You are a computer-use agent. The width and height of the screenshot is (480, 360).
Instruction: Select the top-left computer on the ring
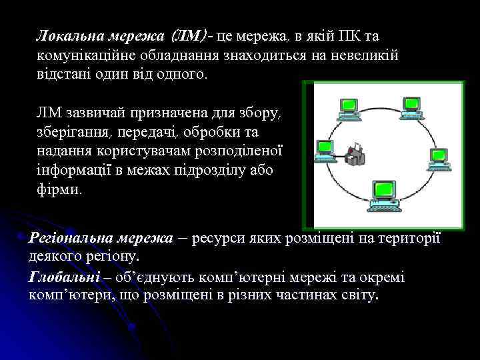346,109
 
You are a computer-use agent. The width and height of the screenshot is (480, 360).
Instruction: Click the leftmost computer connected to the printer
324,148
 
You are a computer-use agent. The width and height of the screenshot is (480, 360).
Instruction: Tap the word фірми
59,189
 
